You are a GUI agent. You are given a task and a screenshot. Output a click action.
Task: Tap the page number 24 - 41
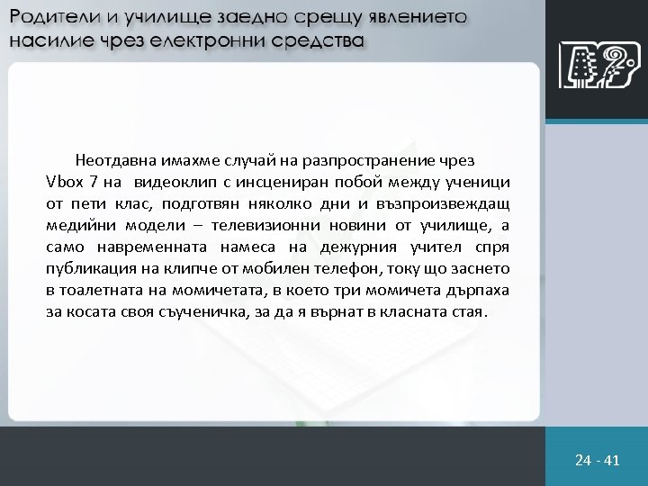click(x=598, y=461)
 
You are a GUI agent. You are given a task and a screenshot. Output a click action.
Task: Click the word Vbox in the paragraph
click(x=63, y=180)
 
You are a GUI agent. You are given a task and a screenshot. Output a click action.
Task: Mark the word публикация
click(x=88, y=268)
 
